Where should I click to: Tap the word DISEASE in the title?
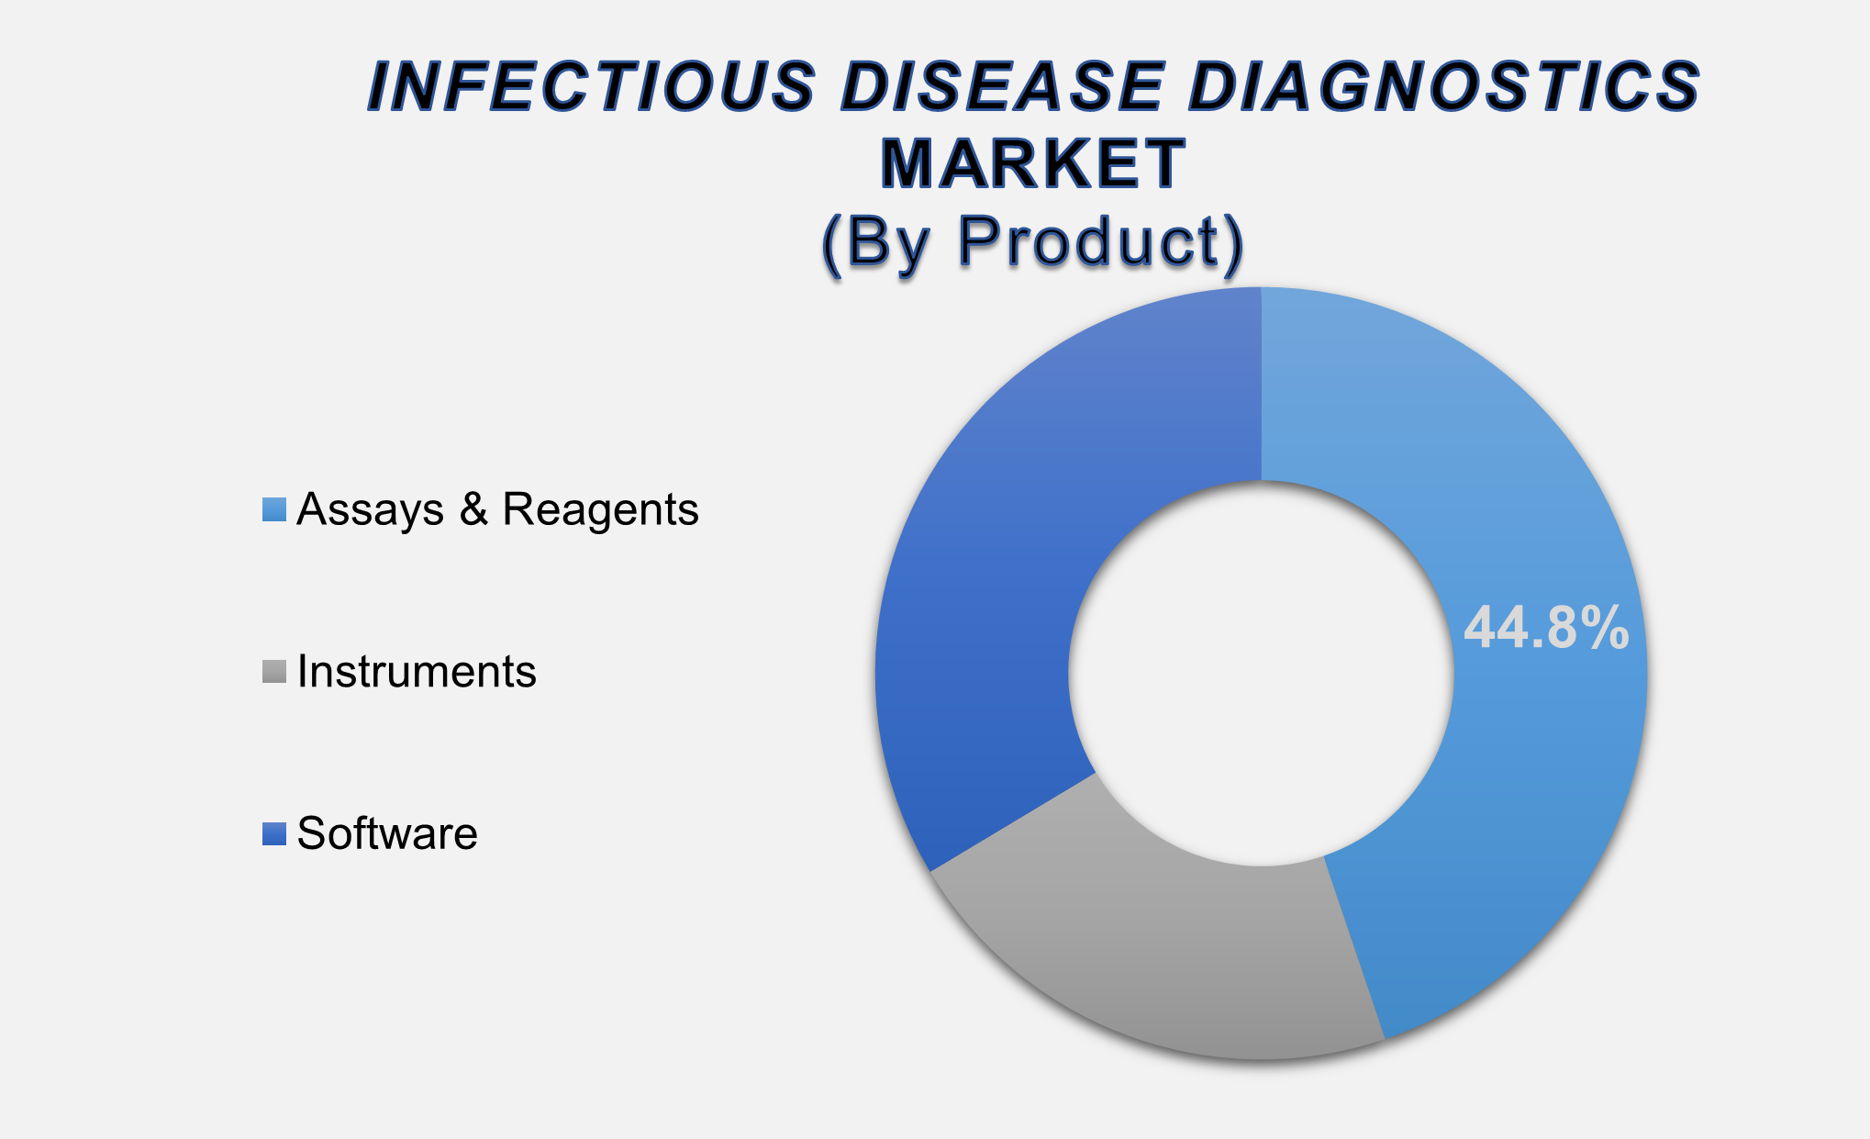1004,87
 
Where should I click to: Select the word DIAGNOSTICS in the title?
1444,87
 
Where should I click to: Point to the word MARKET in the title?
1033,164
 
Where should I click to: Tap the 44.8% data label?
1545,629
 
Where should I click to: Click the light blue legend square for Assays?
274,509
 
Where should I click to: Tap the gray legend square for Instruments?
274,672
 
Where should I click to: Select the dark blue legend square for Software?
274,833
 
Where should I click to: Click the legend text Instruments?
417,672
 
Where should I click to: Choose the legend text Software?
387,833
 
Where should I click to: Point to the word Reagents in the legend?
600,509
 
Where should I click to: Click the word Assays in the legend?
371,509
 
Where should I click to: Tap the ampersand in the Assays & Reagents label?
473,509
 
